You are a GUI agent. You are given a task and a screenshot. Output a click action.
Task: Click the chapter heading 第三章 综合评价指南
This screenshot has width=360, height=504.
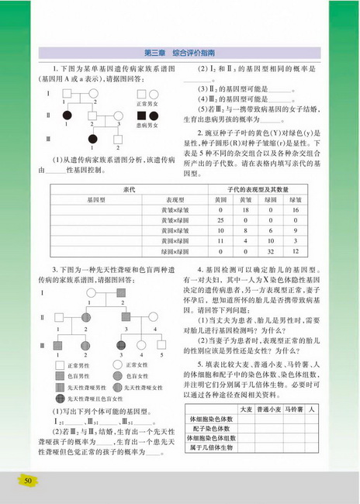coord(179,53)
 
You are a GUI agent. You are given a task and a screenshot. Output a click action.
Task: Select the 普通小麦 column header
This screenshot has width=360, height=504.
coord(266,408)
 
